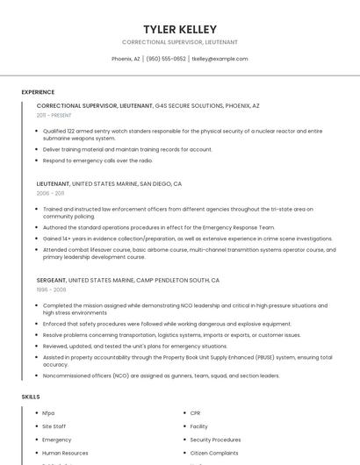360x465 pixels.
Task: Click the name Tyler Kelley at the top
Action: click(180, 29)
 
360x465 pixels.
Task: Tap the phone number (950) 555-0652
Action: click(166, 59)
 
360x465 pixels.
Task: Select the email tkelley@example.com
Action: click(220, 59)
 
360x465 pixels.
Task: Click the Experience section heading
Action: click(38, 92)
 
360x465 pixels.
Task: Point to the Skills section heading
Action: click(31, 397)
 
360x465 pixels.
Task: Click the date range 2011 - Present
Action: click(54, 115)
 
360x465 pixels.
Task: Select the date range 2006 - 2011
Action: click(50, 193)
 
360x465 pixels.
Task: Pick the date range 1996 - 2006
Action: click(51, 289)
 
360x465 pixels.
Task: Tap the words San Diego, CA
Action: click(160, 184)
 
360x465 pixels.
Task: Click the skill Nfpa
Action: click(48, 412)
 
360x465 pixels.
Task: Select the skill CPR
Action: click(195, 412)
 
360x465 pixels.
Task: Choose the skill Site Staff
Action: click(54, 426)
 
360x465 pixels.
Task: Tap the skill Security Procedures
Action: click(215, 440)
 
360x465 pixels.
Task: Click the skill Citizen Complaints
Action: click(213, 453)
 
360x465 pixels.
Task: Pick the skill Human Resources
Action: click(65, 453)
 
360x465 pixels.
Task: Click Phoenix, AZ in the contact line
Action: click(126, 59)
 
